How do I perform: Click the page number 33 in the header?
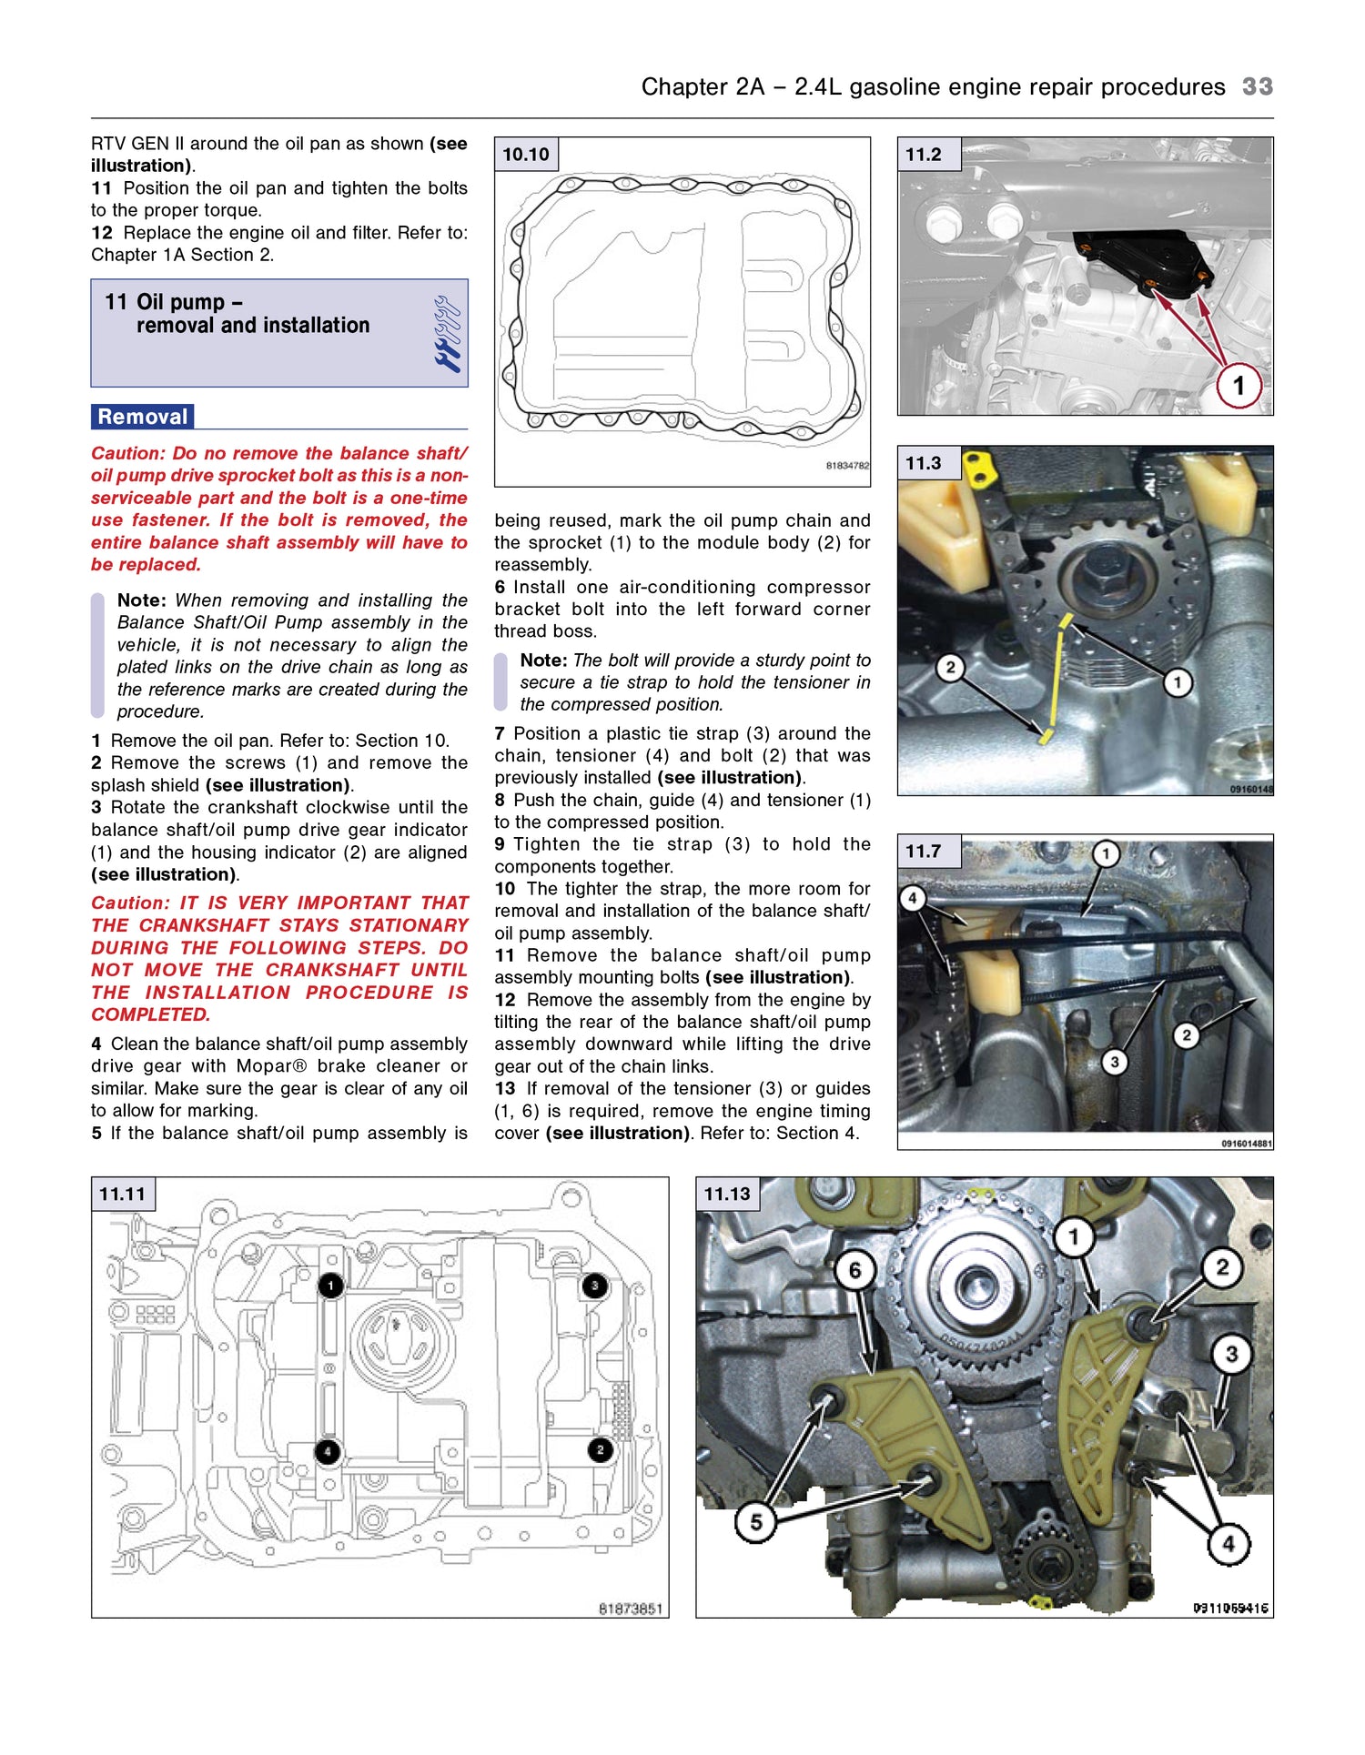(x=1257, y=86)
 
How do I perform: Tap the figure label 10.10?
(x=526, y=155)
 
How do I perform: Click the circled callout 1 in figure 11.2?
(x=1238, y=386)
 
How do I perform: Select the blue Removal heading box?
(x=143, y=417)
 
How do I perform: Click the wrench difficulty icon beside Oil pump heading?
(x=447, y=334)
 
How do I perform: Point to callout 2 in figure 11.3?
(x=950, y=668)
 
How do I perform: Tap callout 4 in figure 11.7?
(x=912, y=899)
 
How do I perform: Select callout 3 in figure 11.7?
(x=1114, y=1062)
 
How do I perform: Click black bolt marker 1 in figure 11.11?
(x=330, y=1285)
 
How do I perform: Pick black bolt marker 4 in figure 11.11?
(x=328, y=1452)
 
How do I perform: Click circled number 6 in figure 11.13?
(x=854, y=1270)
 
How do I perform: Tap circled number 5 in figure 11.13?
(x=755, y=1522)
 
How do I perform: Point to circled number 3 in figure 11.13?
(x=1231, y=1354)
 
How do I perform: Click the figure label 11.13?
(x=727, y=1194)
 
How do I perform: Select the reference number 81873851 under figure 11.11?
(x=630, y=1609)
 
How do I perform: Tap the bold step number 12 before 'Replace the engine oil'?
(x=101, y=233)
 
